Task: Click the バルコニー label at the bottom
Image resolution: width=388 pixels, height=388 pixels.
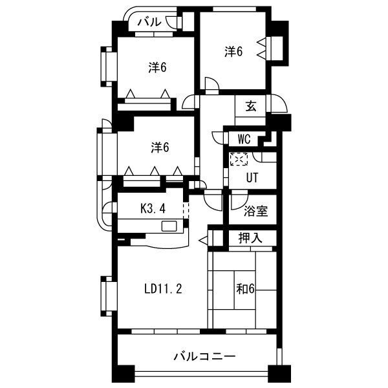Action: coord(204,356)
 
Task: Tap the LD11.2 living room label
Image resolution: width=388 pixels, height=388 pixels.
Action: coord(163,289)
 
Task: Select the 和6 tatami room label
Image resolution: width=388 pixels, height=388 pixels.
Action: coord(245,288)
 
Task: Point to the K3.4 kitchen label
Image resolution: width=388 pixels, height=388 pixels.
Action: coord(153,209)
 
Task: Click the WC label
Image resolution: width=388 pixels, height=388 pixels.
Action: coord(244,139)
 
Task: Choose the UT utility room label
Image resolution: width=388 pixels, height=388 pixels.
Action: coord(252,177)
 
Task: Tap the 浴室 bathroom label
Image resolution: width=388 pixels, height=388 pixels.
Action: coord(255,211)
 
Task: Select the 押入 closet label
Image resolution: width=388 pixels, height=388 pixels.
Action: coord(250,238)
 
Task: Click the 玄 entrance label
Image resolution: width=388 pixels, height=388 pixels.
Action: coord(251,107)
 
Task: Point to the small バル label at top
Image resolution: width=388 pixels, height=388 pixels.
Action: coord(149,22)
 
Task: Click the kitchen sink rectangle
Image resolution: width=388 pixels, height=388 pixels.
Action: coord(169,226)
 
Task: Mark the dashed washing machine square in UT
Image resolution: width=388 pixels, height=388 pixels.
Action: coord(239,159)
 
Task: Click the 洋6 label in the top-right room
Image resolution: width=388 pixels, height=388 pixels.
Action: coord(233,52)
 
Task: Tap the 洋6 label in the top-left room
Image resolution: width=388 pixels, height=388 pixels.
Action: coord(158,67)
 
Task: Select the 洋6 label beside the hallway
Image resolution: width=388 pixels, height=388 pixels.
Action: coord(160,147)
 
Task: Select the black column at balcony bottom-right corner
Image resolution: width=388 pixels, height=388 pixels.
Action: coord(279,374)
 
